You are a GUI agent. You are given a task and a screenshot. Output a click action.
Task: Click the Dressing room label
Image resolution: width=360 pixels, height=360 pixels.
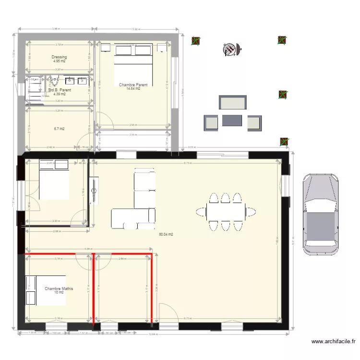click(60, 57)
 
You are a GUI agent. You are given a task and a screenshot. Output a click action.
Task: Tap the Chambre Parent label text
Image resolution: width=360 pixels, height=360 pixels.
click(133, 84)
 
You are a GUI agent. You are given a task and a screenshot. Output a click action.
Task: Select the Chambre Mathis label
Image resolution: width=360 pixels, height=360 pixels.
click(59, 288)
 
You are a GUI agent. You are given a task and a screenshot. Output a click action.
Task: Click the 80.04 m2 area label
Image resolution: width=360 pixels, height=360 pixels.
click(166, 235)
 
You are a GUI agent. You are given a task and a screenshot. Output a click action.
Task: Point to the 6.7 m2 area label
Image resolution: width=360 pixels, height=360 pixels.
click(60, 129)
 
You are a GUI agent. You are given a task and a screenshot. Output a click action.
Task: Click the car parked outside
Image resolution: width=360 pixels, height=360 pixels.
click(320, 212)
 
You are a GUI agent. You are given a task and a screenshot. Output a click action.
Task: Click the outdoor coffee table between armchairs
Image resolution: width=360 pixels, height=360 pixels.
click(232, 120)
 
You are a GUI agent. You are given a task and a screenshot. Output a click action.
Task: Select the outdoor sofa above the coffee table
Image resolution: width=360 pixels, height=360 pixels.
click(233, 103)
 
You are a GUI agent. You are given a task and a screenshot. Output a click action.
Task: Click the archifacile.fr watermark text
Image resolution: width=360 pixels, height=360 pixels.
click(334, 342)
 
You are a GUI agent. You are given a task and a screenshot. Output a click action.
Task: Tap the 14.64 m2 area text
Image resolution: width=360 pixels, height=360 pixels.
click(133, 89)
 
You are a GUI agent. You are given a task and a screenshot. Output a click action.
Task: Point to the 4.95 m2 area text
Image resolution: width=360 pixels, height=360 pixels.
click(60, 61)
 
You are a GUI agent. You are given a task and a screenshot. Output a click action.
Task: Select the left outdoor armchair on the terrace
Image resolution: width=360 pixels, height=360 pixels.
click(211, 123)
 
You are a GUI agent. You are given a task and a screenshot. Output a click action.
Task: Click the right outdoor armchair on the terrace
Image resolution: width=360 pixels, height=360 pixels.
click(254, 123)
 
